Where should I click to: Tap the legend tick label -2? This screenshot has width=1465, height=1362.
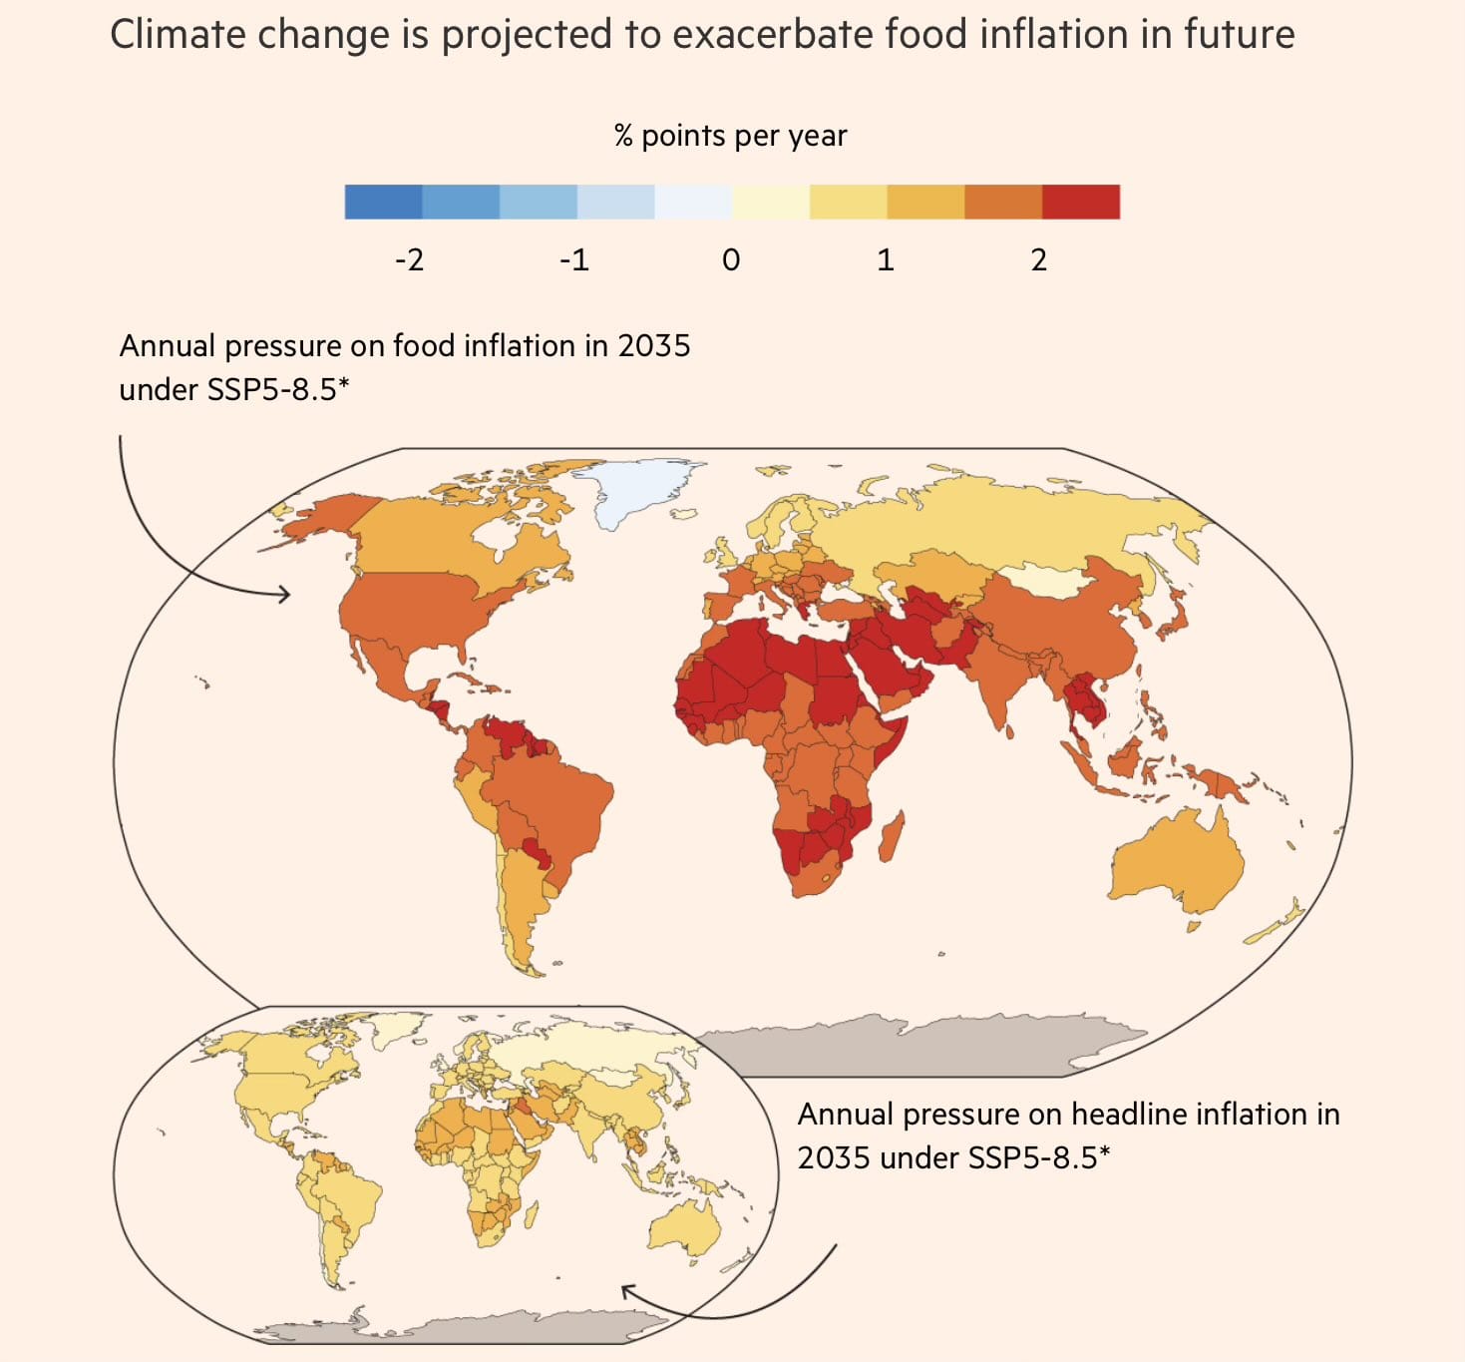pos(409,260)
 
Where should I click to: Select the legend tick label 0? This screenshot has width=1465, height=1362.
pos(731,260)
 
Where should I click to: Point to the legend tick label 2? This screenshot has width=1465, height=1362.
pos(1038,260)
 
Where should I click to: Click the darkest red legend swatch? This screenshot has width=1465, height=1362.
pos(1081,202)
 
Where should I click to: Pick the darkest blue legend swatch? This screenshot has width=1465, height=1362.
pos(383,202)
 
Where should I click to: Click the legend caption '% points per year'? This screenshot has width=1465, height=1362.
pos(730,136)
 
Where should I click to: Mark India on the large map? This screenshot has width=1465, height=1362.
pos(1002,679)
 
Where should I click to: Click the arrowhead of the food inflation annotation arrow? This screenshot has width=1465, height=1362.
pos(287,595)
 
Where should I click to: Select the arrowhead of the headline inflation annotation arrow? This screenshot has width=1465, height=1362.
pos(626,1291)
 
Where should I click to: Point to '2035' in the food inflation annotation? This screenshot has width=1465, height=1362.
pos(653,346)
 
